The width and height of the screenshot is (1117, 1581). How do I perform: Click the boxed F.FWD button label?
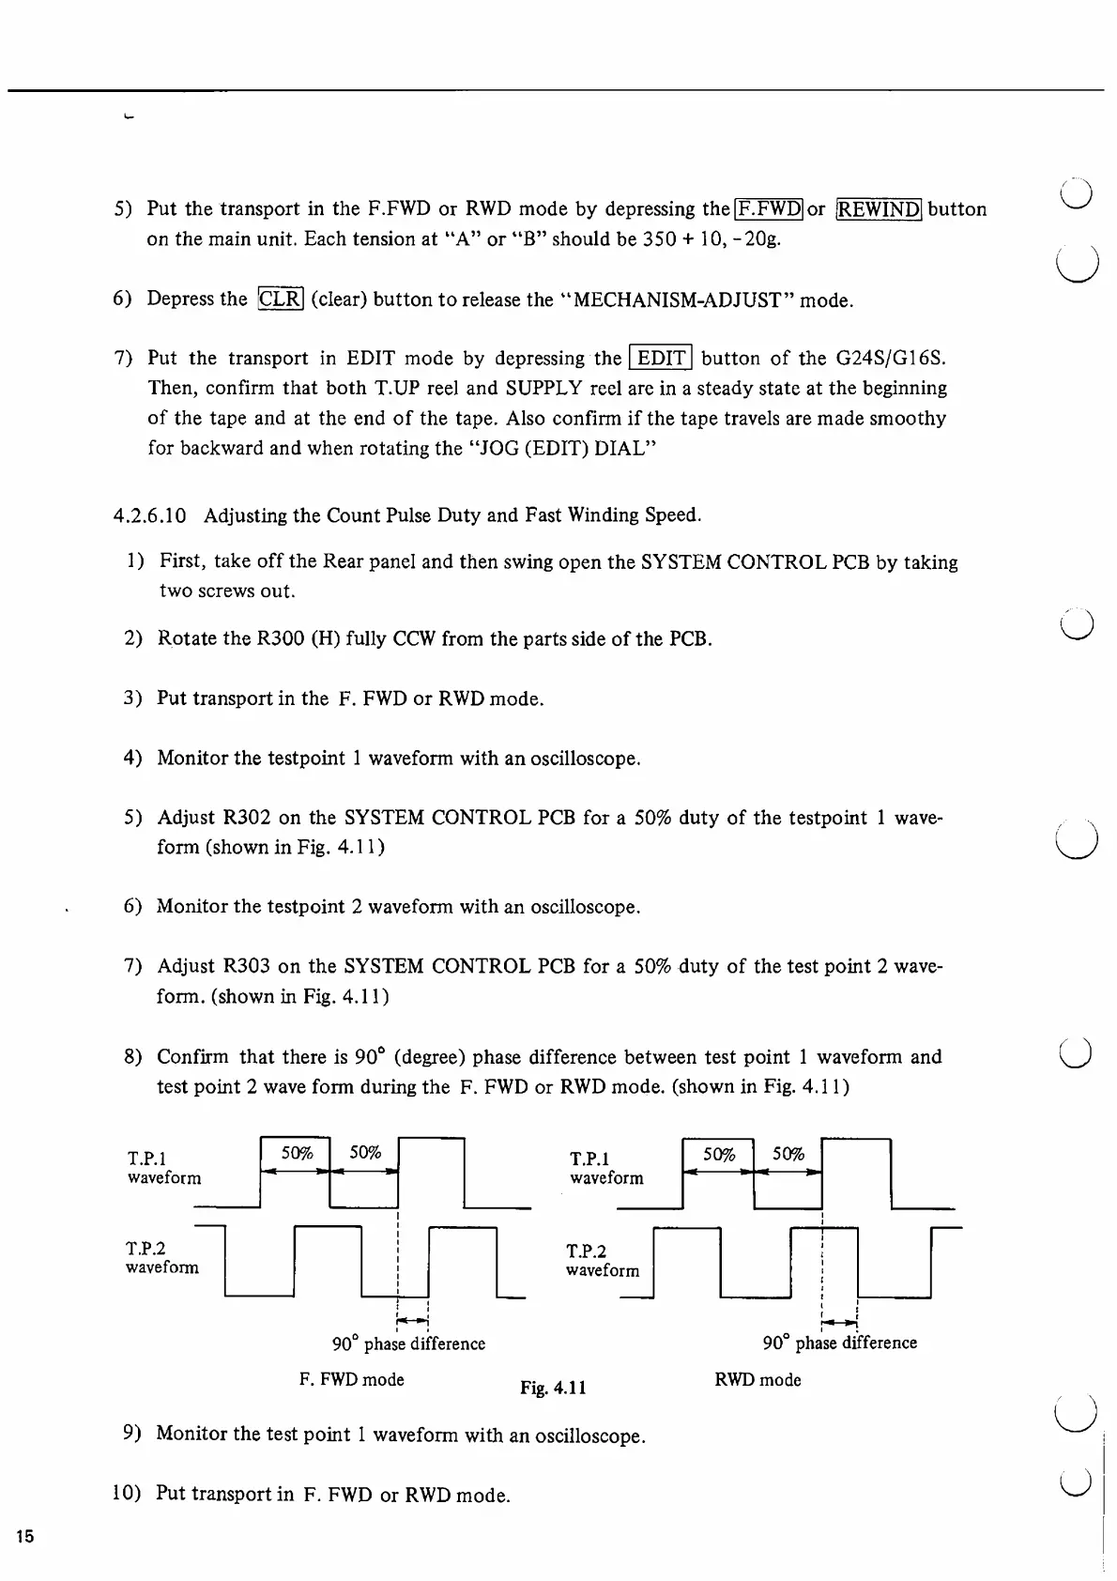[769, 208]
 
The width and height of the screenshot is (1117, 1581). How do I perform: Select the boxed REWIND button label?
[880, 208]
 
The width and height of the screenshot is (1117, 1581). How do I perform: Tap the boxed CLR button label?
[280, 299]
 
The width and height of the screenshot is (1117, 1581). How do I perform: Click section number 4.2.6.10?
[149, 515]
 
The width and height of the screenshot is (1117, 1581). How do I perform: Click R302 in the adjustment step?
[246, 818]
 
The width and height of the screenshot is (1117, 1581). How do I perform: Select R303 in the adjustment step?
[246, 966]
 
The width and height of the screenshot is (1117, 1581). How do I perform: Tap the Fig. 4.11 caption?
[554, 1387]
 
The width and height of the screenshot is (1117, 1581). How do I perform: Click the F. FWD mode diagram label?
[352, 1379]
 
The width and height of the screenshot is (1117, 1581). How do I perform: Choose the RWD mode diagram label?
[757, 1380]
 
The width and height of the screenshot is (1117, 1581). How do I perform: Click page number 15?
[24, 1537]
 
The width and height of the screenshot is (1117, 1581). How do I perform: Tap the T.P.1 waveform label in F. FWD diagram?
[164, 1168]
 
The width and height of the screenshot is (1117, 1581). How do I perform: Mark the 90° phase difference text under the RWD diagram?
[840, 1343]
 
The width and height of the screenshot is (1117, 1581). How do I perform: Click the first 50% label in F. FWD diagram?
[297, 1153]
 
